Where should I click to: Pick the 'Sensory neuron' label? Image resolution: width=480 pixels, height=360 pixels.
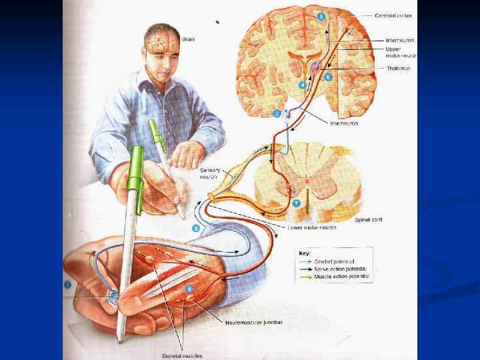[x=213, y=175]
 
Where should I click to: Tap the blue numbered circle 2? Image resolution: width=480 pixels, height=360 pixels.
[x=196, y=228]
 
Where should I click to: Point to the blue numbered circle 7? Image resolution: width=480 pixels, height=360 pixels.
[x=297, y=203]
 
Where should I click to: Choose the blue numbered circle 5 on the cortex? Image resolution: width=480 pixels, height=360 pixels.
[x=322, y=15]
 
